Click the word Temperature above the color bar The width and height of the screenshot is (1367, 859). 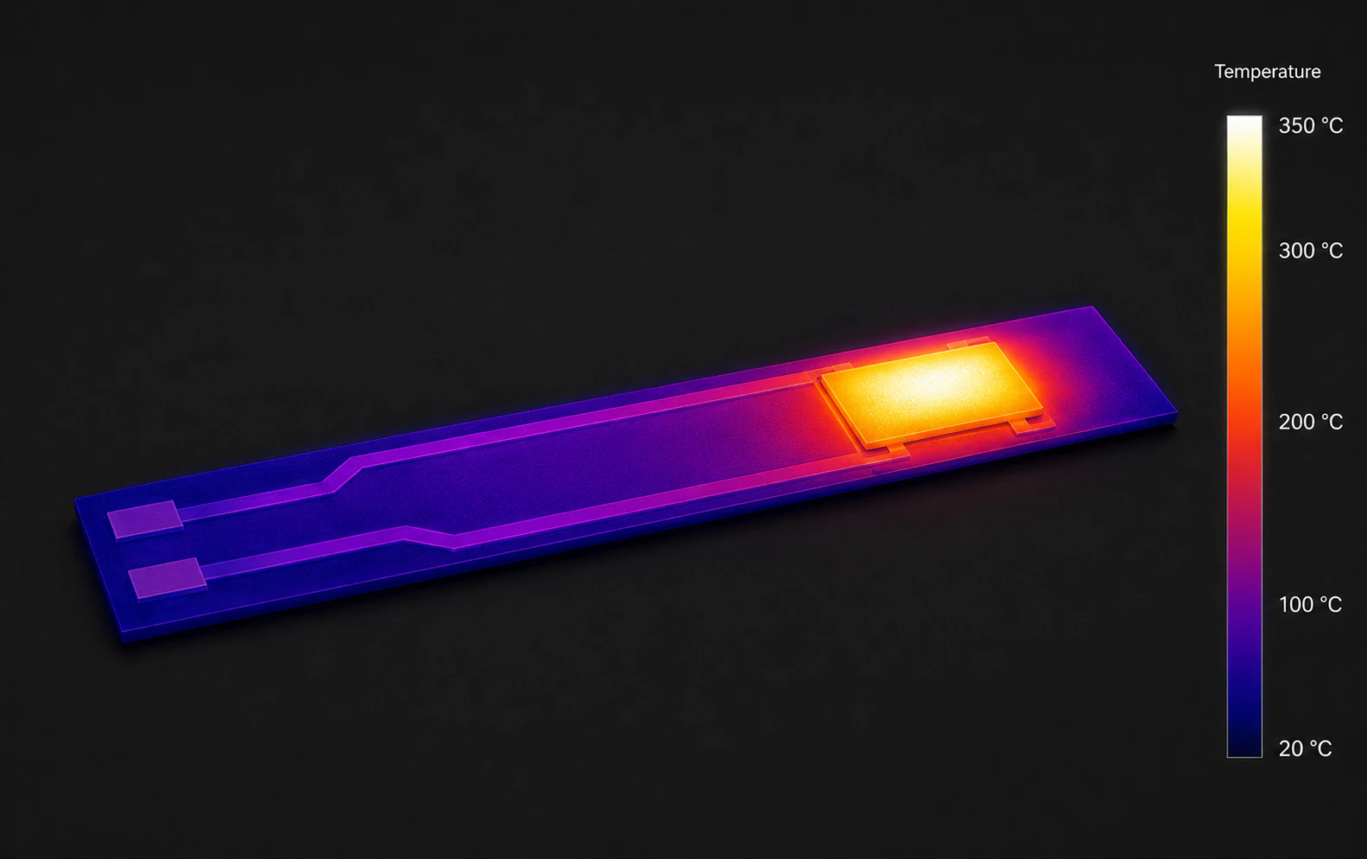[x=1267, y=72]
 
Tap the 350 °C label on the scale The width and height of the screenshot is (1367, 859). [x=1310, y=126]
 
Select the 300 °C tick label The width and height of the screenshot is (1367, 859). [x=1310, y=251]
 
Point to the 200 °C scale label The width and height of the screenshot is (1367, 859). [x=1310, y=422]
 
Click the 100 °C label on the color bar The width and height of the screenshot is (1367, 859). [x=1310, y=604]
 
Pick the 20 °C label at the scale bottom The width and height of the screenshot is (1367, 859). [x=1305, y=748]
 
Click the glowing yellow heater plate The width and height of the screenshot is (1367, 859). [x=931, y=394]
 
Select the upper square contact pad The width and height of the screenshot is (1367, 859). [x=144, y=519]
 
